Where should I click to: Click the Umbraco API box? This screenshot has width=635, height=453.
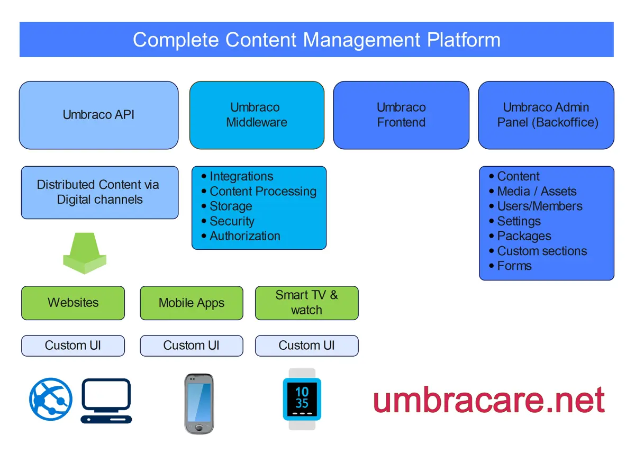pyautogui.click(x=98, y=115)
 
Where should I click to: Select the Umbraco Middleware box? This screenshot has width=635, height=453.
pyautogui.click(x=257, y=115)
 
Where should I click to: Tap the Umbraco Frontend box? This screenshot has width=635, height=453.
pyautogui.click(x=401, y=115)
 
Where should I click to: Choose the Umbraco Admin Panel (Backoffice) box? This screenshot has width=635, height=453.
pyautogui.click(x=546, y=115)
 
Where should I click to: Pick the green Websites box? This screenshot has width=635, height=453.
pyautogui.click(x=73, y=303)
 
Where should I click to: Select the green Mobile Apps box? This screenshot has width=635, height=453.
pyautogui.click(x=192, y=303)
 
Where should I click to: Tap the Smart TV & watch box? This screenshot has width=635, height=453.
pyautogui.click(x=307, y=303)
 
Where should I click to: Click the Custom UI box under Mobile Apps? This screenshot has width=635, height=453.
pyautogui.click(x=192, y=346)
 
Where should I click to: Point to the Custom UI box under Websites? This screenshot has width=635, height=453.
pyautogui.click(x=73, y=346)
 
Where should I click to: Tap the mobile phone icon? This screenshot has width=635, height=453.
pyautogui.click(x=199, y=403)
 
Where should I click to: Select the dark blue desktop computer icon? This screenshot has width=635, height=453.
pyautogui.click(x=106, y=401)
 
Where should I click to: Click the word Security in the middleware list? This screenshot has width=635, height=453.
pyautogui.click(x=232, y=221)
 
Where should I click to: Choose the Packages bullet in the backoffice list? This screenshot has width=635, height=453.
pyautogui.click(x=524, y=236)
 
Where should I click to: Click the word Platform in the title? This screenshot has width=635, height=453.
pyautogui.click(x=464, y=40)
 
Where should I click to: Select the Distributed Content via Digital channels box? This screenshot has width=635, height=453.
pyautogui.click(x=99, y=192)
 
